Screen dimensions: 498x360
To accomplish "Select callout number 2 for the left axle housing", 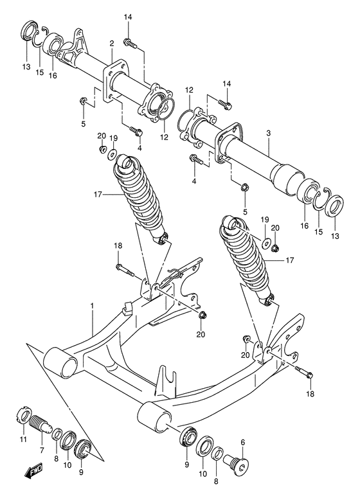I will point(111,44).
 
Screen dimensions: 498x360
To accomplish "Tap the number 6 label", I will point(242,442).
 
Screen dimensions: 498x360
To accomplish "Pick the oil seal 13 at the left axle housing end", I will point(28,31).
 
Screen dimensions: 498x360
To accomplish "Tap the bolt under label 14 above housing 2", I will point(131,43).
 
